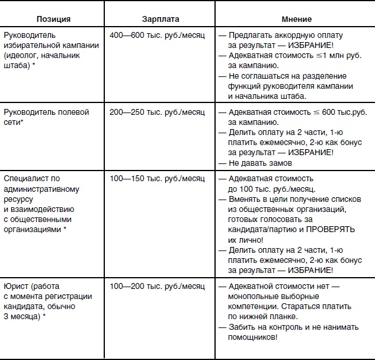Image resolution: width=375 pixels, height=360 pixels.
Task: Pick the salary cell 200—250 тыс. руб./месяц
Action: click(157, 112)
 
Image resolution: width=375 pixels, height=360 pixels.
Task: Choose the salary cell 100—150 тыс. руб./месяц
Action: click(157, 178)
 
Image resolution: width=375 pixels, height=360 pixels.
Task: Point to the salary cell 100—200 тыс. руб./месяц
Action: click(157, 286)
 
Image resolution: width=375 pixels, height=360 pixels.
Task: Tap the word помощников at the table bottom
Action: click(247, 337)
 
